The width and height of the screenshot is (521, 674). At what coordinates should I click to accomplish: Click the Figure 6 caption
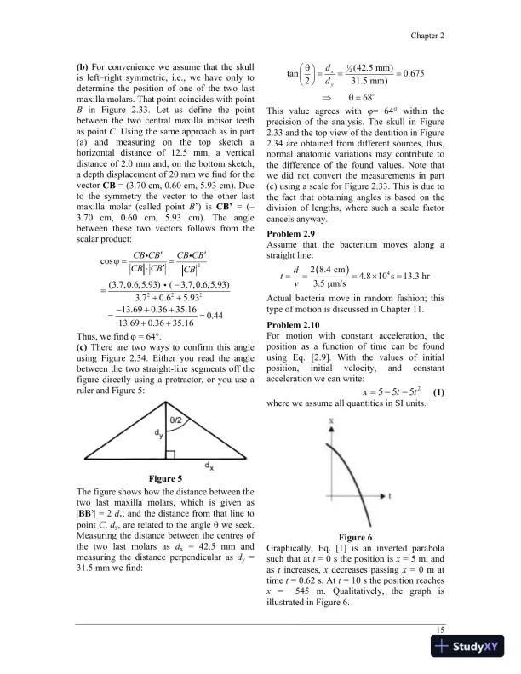pos(356,538)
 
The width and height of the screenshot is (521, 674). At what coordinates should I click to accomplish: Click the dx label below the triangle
pos(209,466)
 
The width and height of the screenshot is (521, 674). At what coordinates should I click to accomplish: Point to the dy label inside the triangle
pos(157,433)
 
